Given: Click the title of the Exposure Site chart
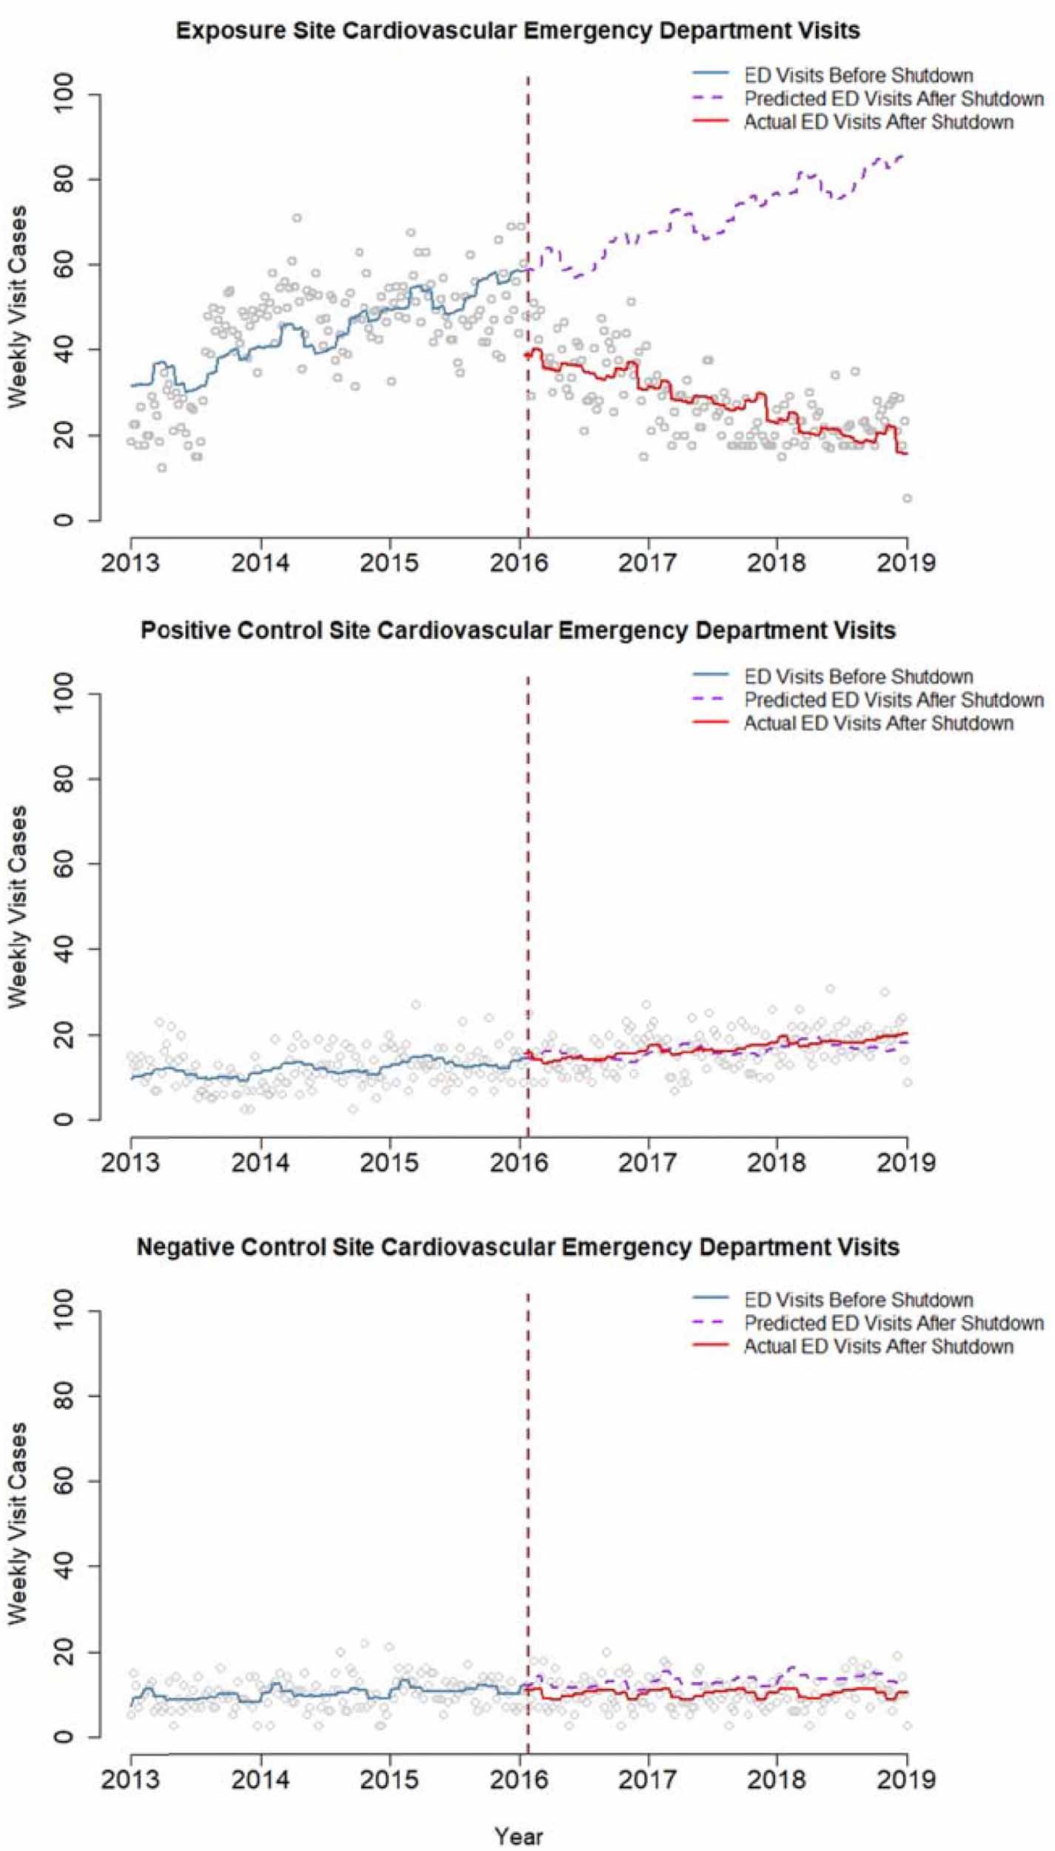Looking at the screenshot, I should tap(518, 31).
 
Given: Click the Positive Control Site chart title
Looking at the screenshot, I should tap(518, 631).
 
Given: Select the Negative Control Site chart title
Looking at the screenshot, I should tap(518, 1247).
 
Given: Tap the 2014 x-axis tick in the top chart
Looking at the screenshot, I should tap(260, 563).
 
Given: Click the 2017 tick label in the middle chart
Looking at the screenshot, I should tap(648, 1162).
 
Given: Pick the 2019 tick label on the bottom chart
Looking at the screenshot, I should tap(906, 1779).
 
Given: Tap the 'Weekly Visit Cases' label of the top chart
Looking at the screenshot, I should tap(19, 307).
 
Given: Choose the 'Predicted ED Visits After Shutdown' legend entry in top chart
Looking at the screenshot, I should tap(894, 98).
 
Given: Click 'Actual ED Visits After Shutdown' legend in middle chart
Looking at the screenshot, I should tap(878, 723).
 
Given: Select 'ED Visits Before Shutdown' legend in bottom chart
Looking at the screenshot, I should tap(858, 1300).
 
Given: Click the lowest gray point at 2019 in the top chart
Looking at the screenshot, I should tap(907, 498).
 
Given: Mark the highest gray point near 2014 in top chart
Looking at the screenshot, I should tap(297, 218).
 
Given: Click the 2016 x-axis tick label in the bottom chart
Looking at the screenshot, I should tap(520, 1779).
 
